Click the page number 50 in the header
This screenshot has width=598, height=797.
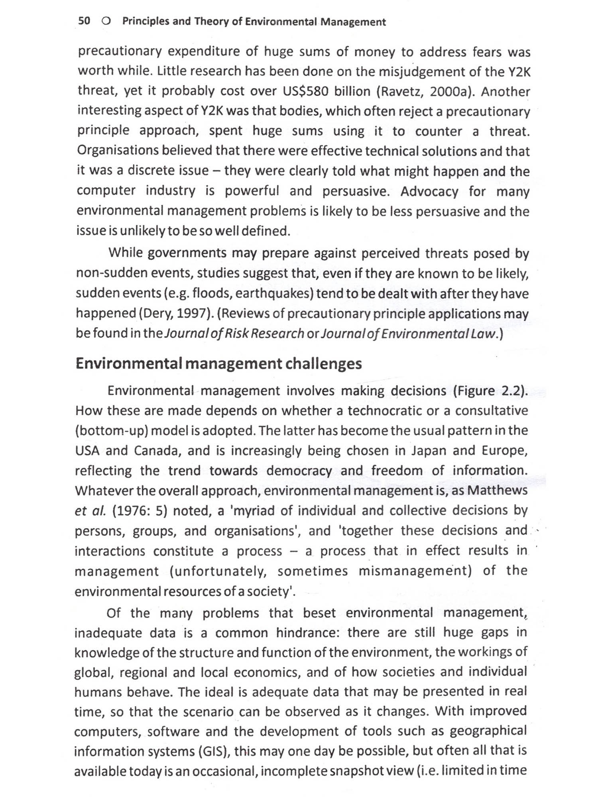pos(85,21)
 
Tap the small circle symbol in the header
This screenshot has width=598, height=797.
pos(106,21)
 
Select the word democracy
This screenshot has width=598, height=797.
pos(299,471)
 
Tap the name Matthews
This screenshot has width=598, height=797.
pos(497,490)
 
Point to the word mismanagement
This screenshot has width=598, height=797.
pos(415,571)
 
